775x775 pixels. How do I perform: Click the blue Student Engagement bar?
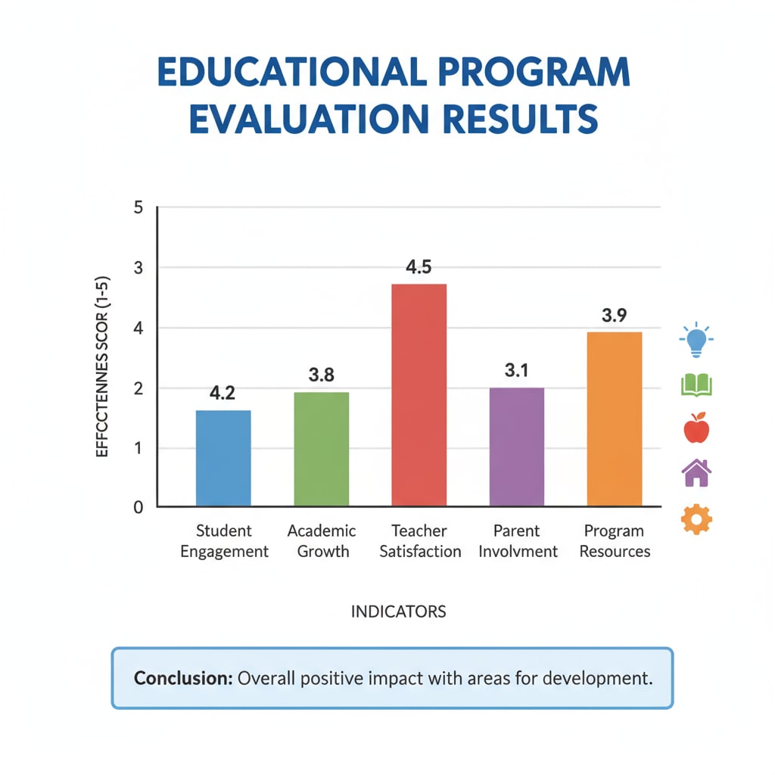click(x=223, y=458)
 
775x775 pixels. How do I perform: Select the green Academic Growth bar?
click(x=321, y=449)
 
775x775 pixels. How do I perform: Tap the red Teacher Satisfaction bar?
click(x=419, y=394)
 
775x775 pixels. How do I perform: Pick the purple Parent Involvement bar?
click(x=517, y=447)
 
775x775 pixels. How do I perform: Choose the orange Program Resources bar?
click(x=615, y=419)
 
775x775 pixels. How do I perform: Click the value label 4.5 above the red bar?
click(x=419, y=268)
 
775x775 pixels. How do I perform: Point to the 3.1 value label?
click(x=517, y=371)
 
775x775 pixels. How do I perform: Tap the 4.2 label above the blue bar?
click(x=223, y=394)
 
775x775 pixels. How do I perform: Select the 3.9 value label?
click(x=615, y=316)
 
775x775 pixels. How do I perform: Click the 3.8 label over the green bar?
click(x=322, y=375)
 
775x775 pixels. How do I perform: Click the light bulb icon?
click(x=696, y=341)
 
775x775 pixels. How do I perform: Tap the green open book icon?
click(x=696, y=386)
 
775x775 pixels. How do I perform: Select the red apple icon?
click(x=696, y=429)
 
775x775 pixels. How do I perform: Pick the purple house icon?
click(x=696, y=474)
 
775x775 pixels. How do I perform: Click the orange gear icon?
click(x=696, y=519)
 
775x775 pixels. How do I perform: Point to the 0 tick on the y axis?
click(x=138, y=507)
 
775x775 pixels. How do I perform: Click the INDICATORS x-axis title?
click(x=398, y=612)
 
